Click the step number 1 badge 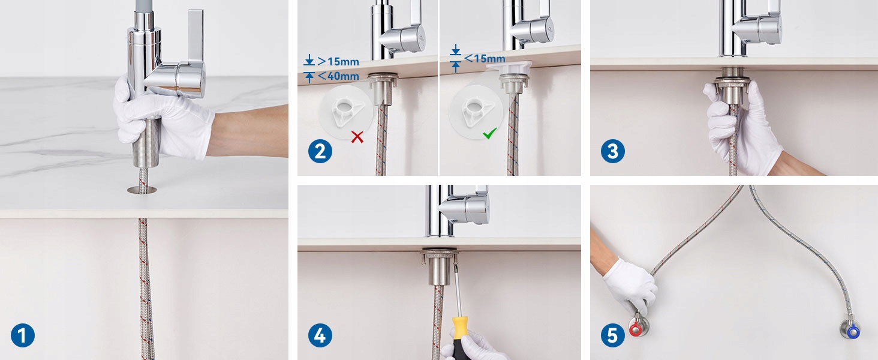(23, 335)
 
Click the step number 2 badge (320, 151)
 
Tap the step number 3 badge (613, 151)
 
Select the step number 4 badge (320, 335)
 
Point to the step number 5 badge (613, 335)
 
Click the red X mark (357, 137)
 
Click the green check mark (490, 133)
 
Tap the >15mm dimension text (338, 61)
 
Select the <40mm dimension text (338, 76)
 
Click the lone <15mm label (485, 58)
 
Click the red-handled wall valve (638, 326)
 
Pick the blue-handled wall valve (850, 329)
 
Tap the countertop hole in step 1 (142, 190)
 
